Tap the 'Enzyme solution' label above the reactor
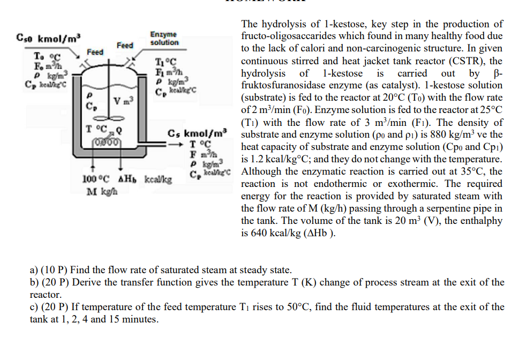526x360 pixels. pos(164,38)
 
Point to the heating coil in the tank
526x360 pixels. pos(109,141)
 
